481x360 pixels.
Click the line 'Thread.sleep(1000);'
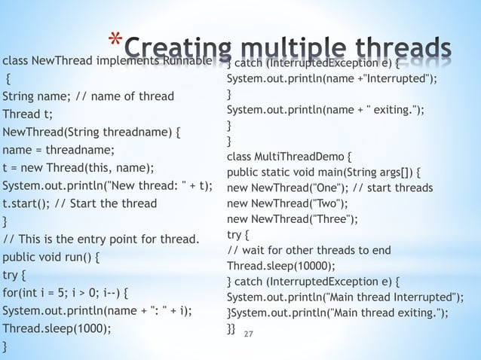point(57,328)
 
